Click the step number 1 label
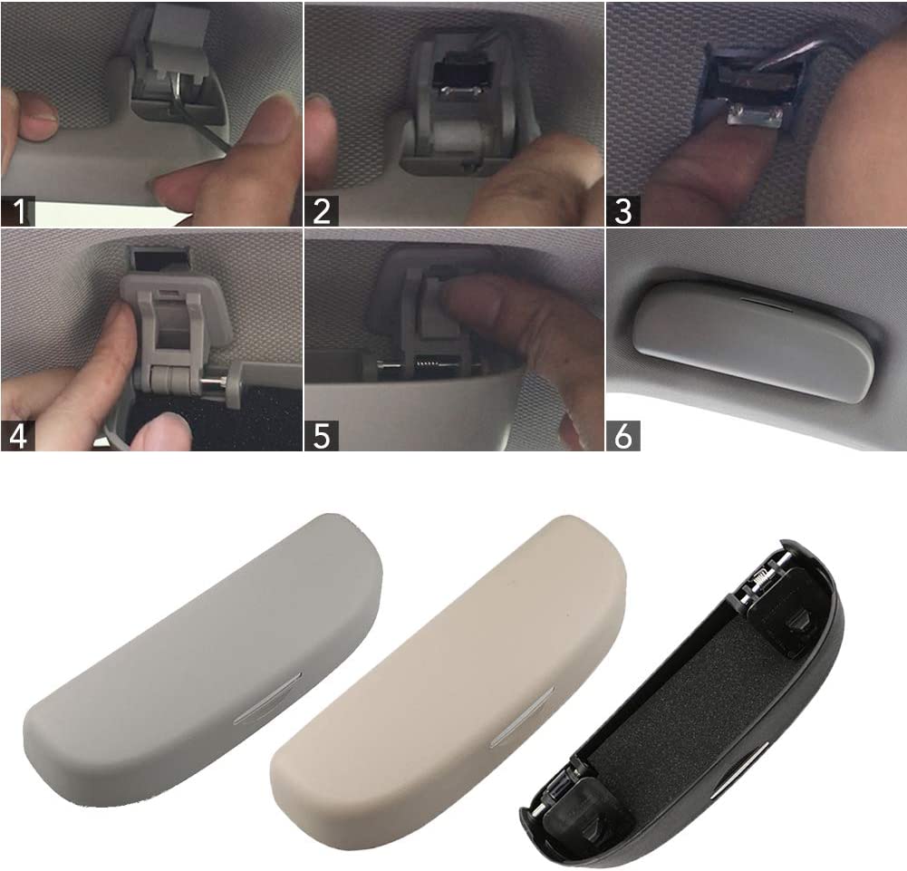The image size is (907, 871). coord(18,210)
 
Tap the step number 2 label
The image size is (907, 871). coord(322,210)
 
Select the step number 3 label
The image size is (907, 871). coord(623,210)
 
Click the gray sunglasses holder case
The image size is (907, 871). coord(202,660)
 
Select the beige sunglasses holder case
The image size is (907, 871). coord(449,665)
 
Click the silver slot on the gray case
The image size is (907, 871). coord(268,698)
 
